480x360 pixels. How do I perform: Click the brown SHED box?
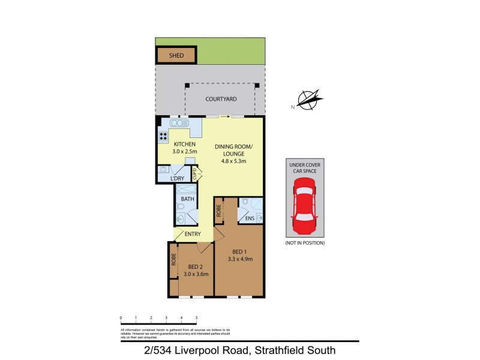click(176, 55)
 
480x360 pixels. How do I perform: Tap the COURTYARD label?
click(220, 99)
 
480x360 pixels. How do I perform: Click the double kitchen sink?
click(179, 123)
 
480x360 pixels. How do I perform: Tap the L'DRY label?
click(178, 179)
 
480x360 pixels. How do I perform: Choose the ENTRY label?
click(193, 234)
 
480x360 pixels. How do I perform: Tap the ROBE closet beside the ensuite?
click(220, 210)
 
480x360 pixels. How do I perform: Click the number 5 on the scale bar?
click(197, 317)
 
